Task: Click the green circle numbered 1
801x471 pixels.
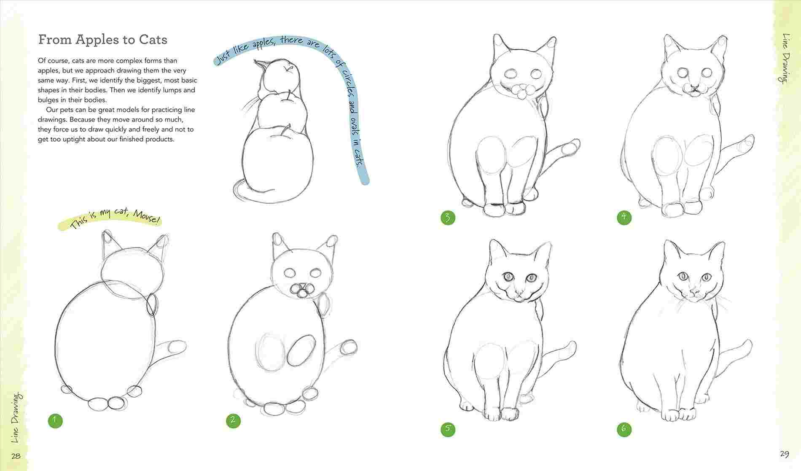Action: [55, 420]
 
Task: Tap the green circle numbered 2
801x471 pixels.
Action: [233, 420]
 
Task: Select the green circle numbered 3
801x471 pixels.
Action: [448, 218]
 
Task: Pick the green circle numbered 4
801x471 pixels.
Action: [624, 218]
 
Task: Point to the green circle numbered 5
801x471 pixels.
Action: [448, 429]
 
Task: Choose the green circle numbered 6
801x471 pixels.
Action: [624, 429]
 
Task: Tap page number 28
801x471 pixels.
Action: [16, 456]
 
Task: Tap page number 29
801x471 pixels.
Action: [784, 454]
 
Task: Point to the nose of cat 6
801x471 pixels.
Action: [693, 292]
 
